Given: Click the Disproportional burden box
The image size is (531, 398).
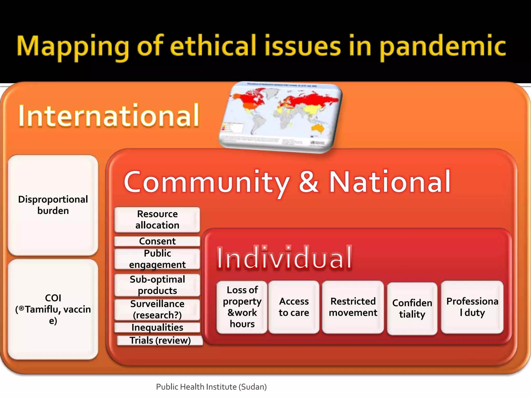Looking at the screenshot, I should point(53,205).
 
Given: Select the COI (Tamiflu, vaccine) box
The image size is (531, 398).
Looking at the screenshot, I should point(53,309).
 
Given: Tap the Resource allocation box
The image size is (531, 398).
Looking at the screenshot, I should point(157,219).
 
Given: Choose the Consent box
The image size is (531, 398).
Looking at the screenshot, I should point(157,241).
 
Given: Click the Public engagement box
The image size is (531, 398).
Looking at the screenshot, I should point(157,259).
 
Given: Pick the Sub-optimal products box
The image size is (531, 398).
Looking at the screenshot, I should point(157,285).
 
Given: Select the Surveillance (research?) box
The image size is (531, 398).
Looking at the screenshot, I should point(157,309).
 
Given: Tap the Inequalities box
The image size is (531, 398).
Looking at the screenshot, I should point(157,327).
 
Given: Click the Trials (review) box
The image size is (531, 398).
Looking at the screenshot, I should point(160,340).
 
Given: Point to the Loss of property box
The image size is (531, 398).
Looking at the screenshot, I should point(242,307).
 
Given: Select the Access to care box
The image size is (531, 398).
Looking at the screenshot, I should point(294,307).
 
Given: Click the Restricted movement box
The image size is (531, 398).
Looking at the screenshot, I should point(353,307).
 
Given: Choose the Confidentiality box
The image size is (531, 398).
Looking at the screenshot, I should point(412,308).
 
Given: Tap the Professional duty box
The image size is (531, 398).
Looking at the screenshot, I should point(472,307).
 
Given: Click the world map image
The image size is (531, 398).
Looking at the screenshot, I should point(280,117).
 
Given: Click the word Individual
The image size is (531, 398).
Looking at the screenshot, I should point(284,258).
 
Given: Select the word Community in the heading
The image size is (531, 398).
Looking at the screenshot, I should point(207,182).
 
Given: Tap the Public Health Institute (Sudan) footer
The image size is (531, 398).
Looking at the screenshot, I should point(211,387).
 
